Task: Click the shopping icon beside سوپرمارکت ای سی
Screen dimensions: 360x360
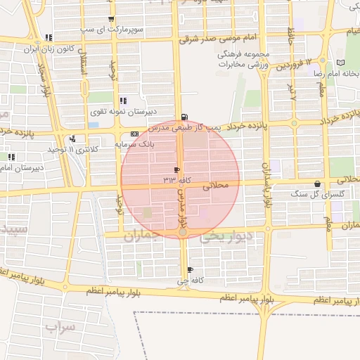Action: click(x=110, y=20)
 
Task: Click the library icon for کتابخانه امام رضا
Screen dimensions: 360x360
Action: click(x=341, y=62)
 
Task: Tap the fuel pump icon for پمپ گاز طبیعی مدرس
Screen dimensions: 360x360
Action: click(x=184, y=117)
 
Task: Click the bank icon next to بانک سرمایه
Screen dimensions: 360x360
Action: click(x=134, y=134)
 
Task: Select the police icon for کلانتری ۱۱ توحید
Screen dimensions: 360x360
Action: click(x=73, y=139)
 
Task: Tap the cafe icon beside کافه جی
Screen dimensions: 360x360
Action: click(x=190, y=270)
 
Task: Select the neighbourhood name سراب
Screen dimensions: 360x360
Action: click(x=60, y=326)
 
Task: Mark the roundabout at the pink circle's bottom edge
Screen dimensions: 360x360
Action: click(x=182, y=231)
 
